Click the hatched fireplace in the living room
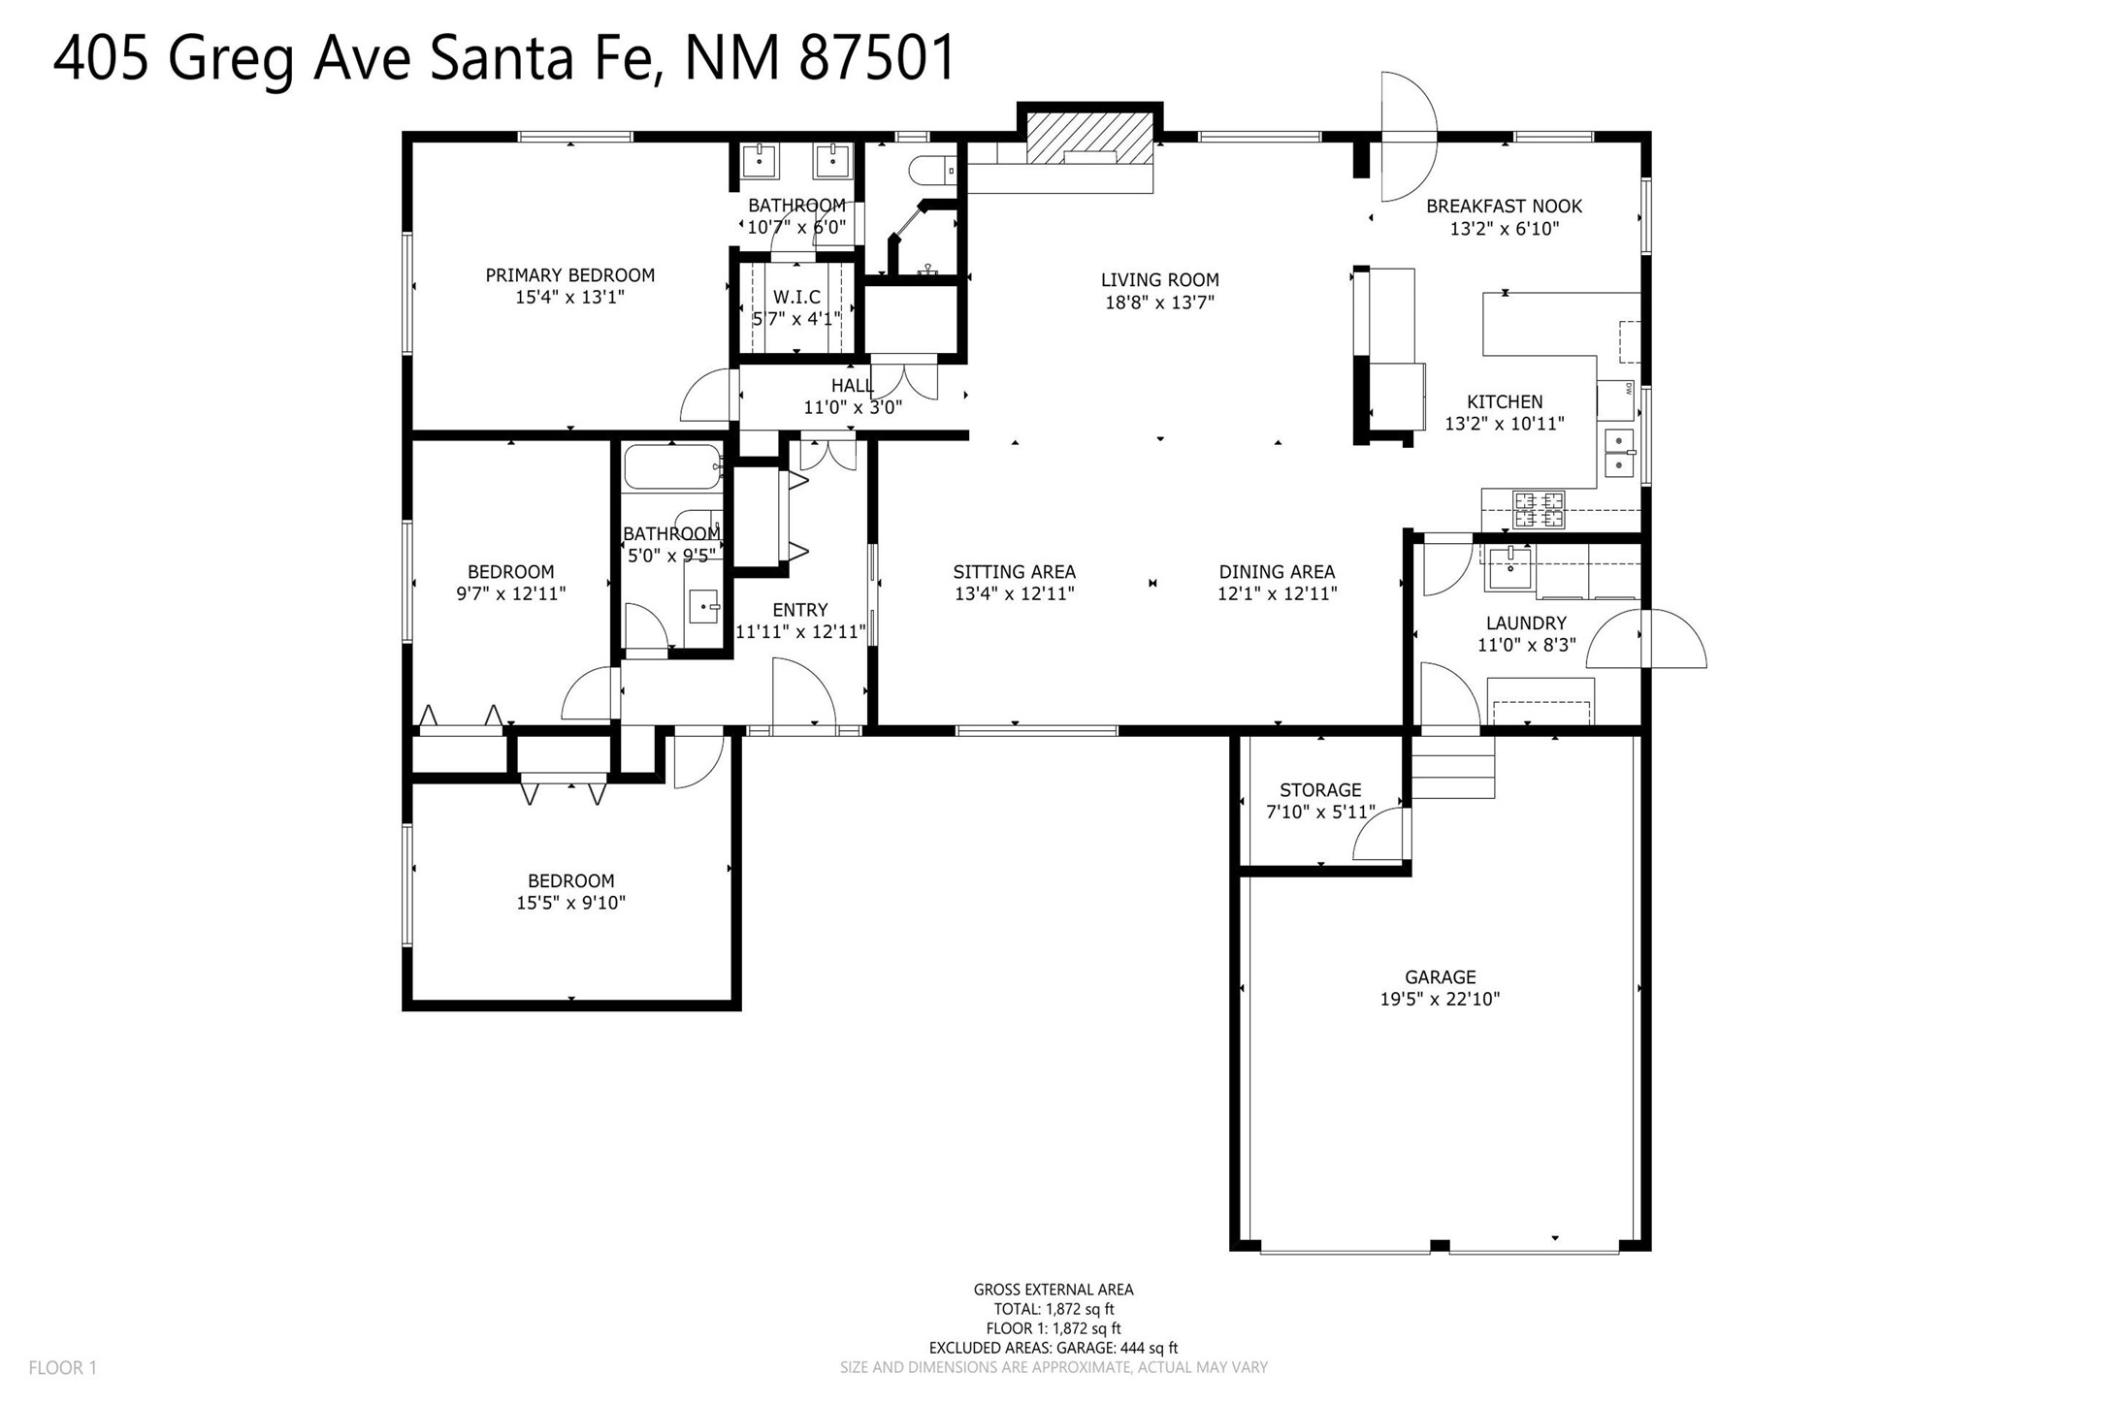[1089, 139]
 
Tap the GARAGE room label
[1440, 977]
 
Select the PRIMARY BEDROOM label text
[570, 275]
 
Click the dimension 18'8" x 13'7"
[1160, 303]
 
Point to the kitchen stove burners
[1540, 509]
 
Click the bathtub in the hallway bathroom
[673, 466]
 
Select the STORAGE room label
[1320, 790]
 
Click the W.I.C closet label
[796, 297]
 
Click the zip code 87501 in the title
[878, 58]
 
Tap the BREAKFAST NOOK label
[1504, 207]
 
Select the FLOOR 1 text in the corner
[63, 1368]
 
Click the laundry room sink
[1509, 567]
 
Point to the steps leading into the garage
[1452, 766]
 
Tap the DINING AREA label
[1277, 572]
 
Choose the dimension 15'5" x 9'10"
[570, 904]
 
